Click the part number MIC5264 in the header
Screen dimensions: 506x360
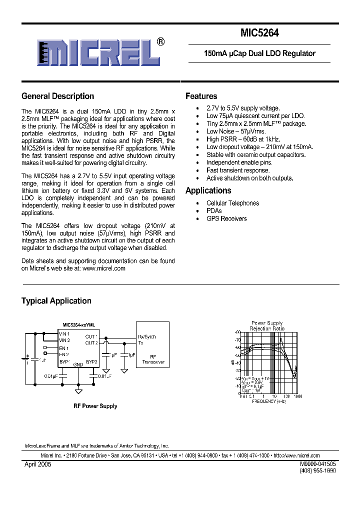tap(259, 33)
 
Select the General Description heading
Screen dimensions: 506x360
tap(57, 96)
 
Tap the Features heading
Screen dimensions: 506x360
tap(201, 96)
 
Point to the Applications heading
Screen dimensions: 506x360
tap(208, 190)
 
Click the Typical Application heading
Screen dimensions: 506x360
tap(56, 301)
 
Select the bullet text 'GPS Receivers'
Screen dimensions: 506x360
tap(226, 218)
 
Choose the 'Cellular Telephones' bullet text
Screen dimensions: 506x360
tap(232, 203)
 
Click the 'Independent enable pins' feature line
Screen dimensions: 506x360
tap(239, 162)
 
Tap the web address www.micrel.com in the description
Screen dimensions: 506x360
tap(103, 268)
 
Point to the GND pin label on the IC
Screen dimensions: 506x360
tap(78, 365)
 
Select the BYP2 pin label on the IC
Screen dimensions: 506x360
tap(91, 361)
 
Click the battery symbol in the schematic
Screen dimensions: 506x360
tap(25, 358)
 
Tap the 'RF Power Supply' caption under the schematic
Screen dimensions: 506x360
tap(95, 406)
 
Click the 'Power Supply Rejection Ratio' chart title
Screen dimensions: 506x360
tap(267, 326)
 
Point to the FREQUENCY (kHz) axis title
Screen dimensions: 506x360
tap(268, 401)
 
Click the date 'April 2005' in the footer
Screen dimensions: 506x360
tap(37, 464)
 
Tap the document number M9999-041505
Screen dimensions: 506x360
tap(318, 464)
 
